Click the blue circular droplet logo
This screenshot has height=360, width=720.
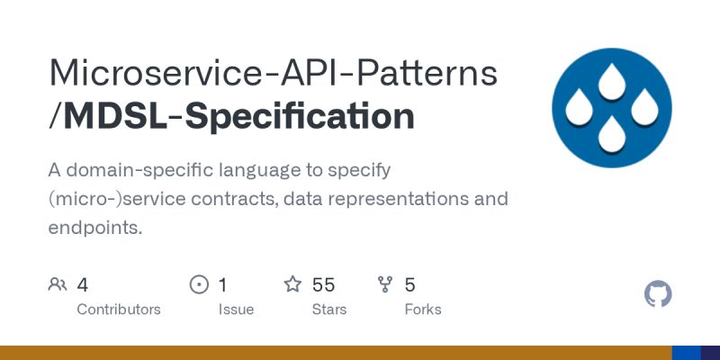(611, 108)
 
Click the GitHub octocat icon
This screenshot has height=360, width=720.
(659, 294)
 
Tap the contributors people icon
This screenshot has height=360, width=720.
(58, 285)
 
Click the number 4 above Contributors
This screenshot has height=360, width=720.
(83, 285)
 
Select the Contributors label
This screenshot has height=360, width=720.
(119, 310)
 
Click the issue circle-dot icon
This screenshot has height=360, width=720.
(199, 285)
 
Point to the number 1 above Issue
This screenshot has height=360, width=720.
(223, 285)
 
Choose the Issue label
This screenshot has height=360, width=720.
(236, 310)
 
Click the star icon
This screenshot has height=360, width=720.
(292, 285)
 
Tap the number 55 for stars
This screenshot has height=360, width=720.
(324, 285)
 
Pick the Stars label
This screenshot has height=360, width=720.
(329, 310)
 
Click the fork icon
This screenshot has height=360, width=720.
(386, 285)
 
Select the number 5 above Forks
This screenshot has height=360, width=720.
(410, 285)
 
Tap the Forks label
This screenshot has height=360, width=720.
(423, 310)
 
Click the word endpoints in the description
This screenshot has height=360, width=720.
(94, 228)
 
